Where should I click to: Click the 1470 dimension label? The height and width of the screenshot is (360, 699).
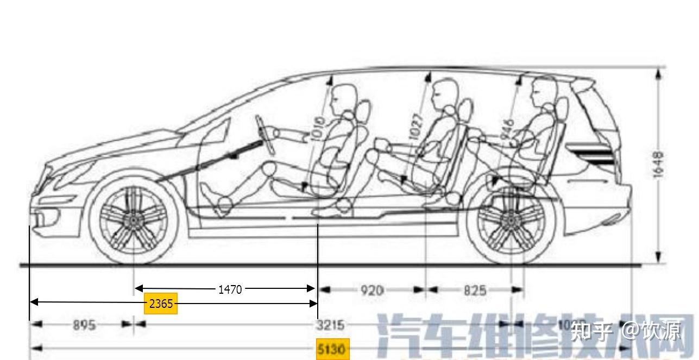click(x=230, y=289)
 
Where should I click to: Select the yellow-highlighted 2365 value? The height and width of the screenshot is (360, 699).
click(x=161, y=304)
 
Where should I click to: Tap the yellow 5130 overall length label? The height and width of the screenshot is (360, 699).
click(x=332, y=349)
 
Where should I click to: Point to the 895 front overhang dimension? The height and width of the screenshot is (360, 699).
click(x=84, y=325)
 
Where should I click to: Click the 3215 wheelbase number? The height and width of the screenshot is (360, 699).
click(x=330, y=325)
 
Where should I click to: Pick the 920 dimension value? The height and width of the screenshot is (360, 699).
click(x=372, y=290)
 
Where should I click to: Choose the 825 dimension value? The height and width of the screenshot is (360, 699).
click(x=475, y=290)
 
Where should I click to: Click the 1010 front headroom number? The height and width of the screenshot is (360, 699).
click(x=319, y=129)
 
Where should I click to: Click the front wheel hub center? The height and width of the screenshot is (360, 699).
click(x=132, y=220)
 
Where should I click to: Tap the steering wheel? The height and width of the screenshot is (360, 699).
click(x=264, y=134)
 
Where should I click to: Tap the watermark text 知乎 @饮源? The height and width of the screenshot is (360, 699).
click(x=625, y=330)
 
